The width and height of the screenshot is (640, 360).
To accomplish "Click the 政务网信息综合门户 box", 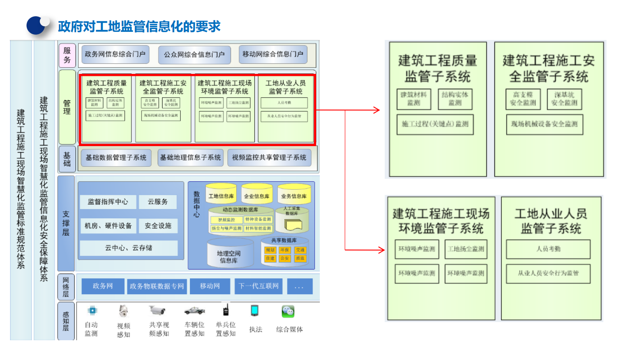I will click(115, 54).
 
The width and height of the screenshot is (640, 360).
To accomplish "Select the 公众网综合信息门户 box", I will click(194, 55).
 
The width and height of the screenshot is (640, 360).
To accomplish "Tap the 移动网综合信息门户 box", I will click(273, 54).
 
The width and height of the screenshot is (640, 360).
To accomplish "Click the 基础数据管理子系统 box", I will click(116, 158).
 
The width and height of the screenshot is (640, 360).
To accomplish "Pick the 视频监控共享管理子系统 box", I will click(269, 158).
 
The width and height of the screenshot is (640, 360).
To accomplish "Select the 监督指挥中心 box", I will click(108, 202).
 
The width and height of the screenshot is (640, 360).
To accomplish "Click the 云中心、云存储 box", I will click(129, 248).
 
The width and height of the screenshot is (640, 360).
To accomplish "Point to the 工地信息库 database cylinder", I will click(221, 194).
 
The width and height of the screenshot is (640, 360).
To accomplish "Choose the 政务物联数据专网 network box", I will click(157, 286).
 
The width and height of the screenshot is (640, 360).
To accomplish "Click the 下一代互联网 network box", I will click(259, 286).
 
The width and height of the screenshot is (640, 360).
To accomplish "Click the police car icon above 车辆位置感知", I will click(194, 311).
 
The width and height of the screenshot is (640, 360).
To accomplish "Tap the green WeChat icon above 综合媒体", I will click(288, 311).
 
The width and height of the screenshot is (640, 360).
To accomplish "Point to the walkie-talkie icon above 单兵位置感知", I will click(226, 310).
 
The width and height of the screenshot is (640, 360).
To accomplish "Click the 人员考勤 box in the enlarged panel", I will click(548, 249).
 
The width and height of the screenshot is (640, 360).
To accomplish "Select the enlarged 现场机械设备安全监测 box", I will click(544, 124).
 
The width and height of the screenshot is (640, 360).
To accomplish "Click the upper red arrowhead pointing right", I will click(377, 110).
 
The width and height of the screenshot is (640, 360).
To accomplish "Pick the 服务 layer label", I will click(67, 55).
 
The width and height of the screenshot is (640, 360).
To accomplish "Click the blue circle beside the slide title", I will click(36, 25).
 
